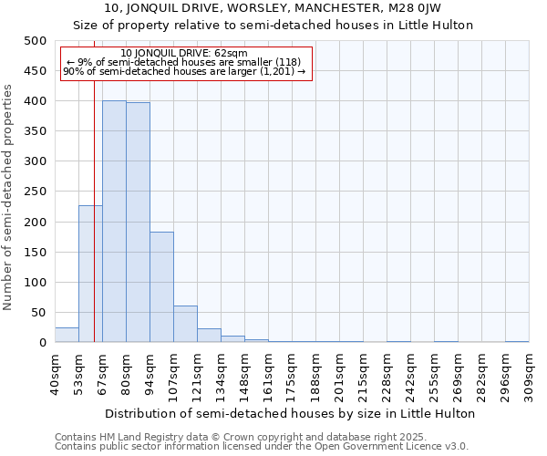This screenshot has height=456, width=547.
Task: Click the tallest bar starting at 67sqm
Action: coord(114,222)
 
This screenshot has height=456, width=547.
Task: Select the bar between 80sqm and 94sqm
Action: coord(138,223)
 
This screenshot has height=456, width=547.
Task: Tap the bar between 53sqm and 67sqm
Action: coord(90,274)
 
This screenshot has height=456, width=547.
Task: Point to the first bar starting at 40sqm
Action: coord(67,335)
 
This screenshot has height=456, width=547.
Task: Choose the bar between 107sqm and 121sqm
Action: coord(185,325)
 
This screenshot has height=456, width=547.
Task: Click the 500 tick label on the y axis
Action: coord(36,41)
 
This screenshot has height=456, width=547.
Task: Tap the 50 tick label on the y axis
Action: coord(39,313)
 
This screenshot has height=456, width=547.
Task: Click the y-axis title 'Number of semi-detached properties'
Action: coord(8,197)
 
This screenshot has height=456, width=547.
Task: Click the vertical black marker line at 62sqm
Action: coord(94,228)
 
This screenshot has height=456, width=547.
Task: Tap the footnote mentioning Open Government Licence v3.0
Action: coord(262,447)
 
